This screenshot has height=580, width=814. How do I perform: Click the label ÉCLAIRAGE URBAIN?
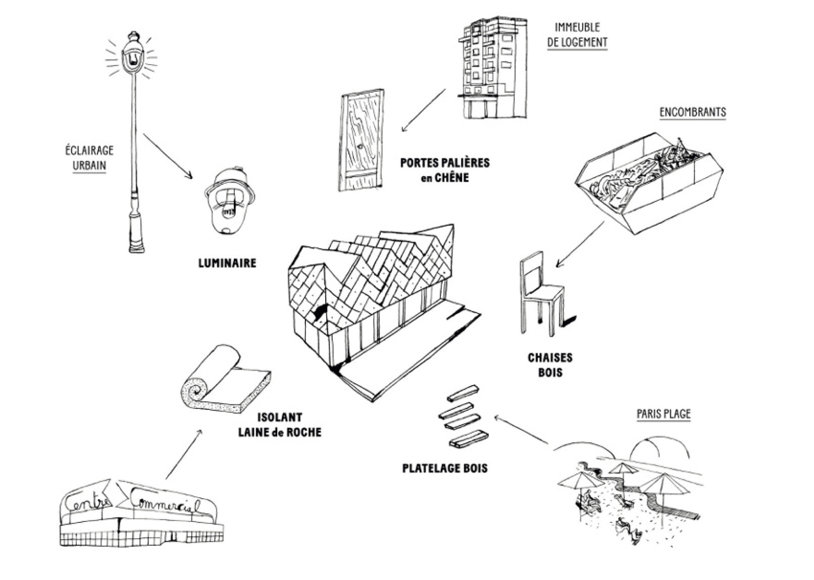89,157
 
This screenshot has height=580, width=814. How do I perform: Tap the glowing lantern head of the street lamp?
132,56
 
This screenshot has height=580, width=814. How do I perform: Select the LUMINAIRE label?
227,263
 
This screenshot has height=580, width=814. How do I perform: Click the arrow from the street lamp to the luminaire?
168,156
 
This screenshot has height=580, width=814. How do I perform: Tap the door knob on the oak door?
360,147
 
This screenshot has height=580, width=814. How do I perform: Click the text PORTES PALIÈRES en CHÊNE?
445,170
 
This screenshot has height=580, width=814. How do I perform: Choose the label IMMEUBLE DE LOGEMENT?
577,35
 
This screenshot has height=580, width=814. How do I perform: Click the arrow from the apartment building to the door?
424,110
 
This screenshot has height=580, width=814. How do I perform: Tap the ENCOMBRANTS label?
693,112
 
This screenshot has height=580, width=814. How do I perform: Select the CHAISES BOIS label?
550,365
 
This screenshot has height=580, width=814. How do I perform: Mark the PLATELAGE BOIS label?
445,468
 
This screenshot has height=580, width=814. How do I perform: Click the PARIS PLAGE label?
663,414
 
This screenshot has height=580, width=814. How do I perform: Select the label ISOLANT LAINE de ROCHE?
279,425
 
